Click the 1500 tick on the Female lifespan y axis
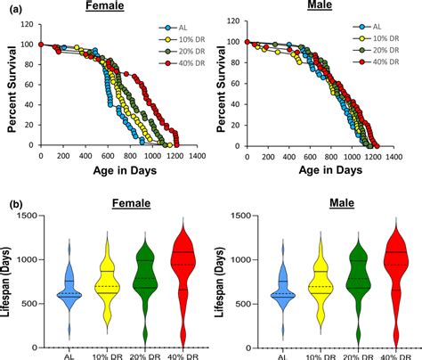click(29, 216)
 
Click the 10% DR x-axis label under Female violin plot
click(108, 355)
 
